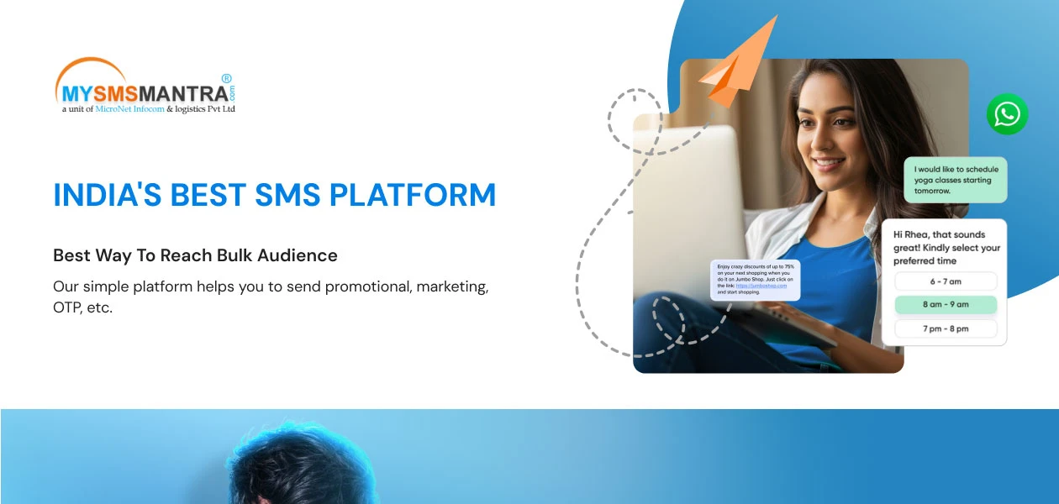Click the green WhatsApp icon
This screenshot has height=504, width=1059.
tap(1007, 114)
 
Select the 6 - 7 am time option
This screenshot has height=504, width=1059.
tap(946, 281)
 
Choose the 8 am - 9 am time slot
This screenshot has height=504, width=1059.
tap(946, 305)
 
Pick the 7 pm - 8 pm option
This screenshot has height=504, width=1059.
tap(946, 328)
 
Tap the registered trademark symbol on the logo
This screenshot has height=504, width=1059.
tap(226, 77)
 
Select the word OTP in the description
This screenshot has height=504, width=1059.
tap(66, 307)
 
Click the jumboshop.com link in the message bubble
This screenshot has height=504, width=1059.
tap(761, 286)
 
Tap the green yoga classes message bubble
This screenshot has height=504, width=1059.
tap(955, 180)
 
